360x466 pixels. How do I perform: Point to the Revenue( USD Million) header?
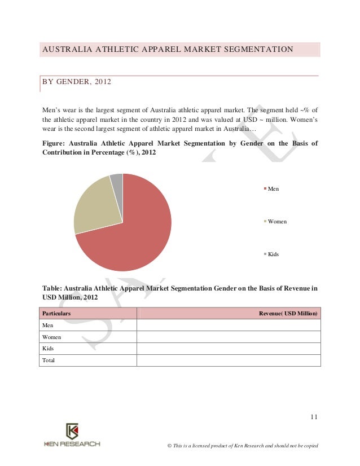pyautogui.click(x=288, y=313)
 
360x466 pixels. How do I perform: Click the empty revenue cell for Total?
pyautogui.click(x=229, y=360)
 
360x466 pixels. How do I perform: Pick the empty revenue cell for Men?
pyautogui.click(x=229, y=326)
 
